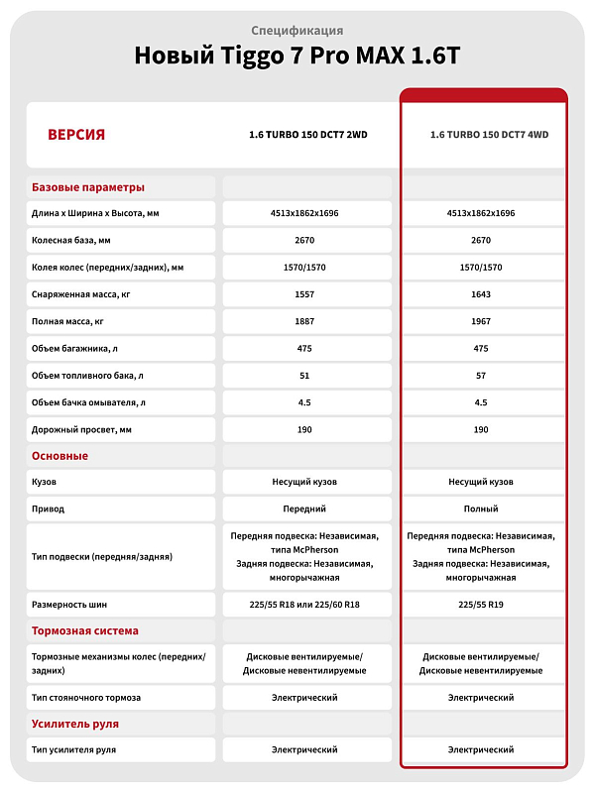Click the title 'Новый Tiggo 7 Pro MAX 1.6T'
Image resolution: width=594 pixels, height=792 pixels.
coord(297,57)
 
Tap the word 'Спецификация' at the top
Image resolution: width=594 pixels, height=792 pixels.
coord(297,31)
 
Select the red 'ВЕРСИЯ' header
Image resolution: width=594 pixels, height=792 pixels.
coord(76,135)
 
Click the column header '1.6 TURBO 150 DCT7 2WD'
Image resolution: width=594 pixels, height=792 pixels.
coord(307,135)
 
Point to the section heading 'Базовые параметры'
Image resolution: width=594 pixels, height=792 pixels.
coord(88,186)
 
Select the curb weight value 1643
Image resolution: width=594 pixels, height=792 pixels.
coord(481,294)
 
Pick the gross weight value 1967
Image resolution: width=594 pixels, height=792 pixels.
coord(481,321)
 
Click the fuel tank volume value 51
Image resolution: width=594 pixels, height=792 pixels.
coord(305,376)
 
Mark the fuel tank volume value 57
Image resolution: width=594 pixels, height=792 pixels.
coord(481,376)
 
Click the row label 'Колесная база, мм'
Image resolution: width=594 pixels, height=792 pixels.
coord(71,240)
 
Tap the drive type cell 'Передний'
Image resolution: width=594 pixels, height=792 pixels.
coord(305,509)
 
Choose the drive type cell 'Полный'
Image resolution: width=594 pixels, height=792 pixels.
coord(481,509)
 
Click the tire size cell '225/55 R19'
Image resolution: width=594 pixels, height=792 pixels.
coord(481,604)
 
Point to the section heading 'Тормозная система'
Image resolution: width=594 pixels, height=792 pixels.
coord(85,630)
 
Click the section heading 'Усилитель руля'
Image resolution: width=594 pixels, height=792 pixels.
coord(75,724)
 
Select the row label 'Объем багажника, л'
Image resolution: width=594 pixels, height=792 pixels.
coord(75,348)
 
